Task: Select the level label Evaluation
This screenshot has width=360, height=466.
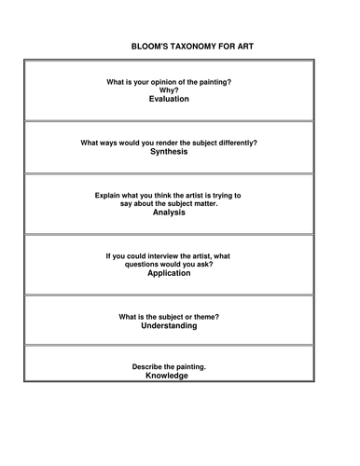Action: click(169, 98)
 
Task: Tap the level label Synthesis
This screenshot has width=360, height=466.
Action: click(169, 151)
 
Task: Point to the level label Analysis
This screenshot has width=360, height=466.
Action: click(169, 212)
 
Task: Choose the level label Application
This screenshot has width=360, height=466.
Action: click(169, 273)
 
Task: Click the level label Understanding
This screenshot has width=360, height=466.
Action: click(169, 326)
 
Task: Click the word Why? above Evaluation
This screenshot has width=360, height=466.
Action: click(169, 89)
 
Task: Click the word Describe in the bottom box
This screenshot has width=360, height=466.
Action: click(148, 367)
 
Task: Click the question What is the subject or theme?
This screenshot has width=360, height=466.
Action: click(169, 318)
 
